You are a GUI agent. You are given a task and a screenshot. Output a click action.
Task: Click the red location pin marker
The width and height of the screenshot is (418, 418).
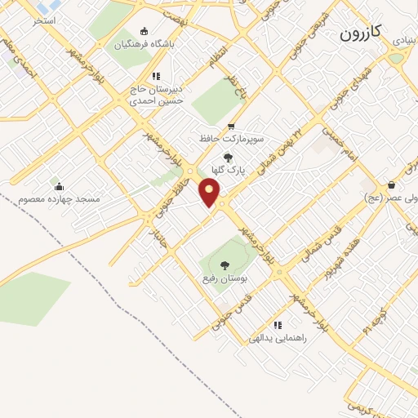[210, 193]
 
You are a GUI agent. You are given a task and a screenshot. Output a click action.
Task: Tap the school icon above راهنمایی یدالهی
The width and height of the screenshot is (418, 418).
[279, 323]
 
